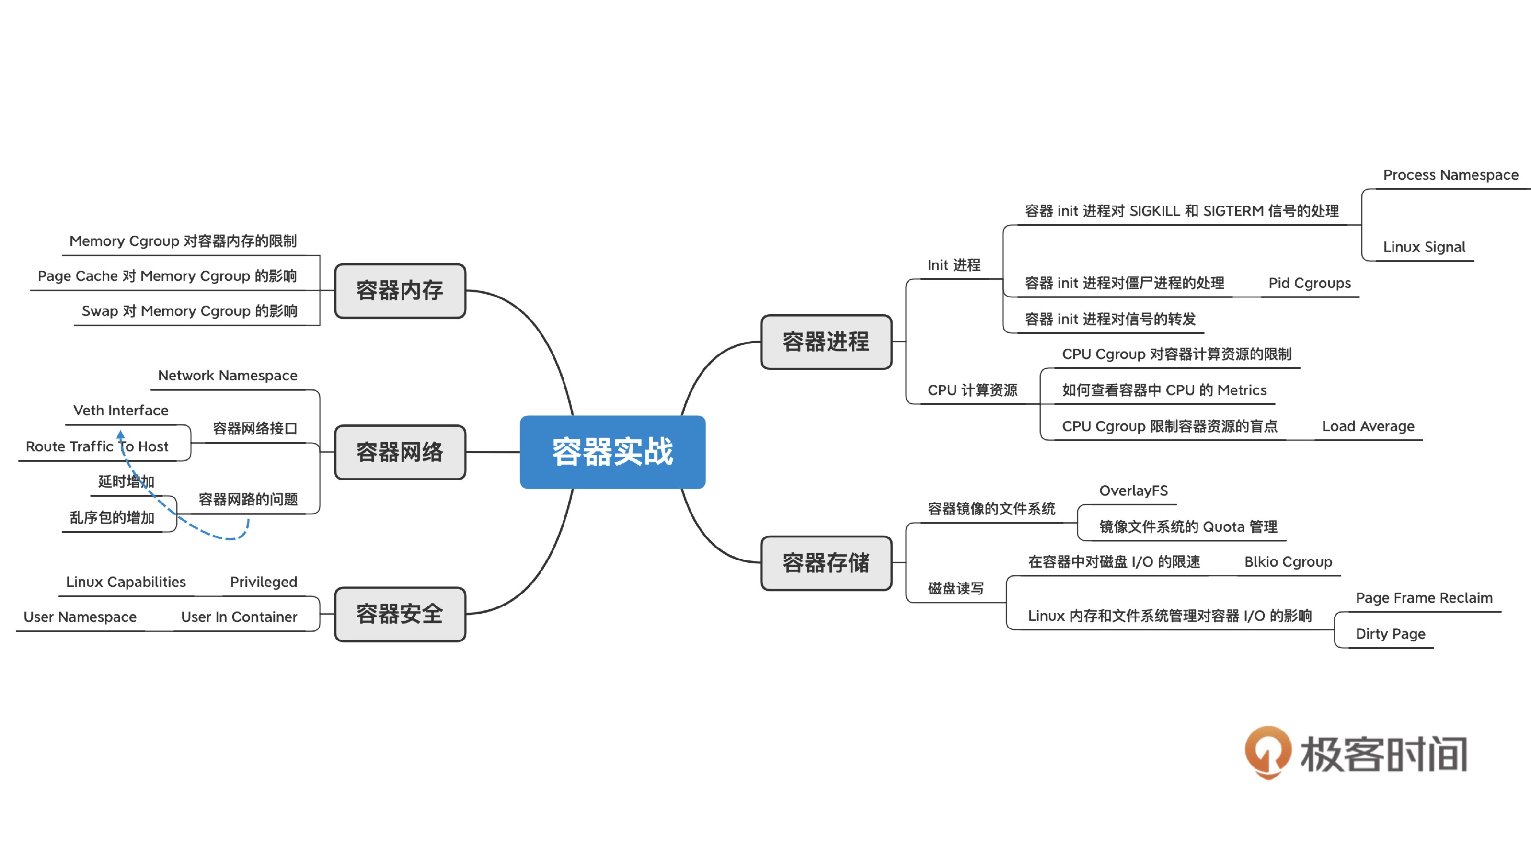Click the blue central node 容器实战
click(612, 452)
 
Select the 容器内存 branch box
click(400, 291)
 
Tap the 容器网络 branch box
click(400, 452)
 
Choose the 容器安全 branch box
click(400, 614)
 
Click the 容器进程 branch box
click(826, 342)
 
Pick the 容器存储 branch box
click(826, 563)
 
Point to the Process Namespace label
click(1450, 175)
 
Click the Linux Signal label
click(1424, 247)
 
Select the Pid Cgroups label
click(1309, 283)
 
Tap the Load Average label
click(1368, 426)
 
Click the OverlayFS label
click(1133, 491)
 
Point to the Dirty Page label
click(1390, 634)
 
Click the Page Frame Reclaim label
click(1424, 597)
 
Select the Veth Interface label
click(121, 410)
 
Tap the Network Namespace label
click(228, 375)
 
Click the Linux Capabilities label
click(126, 582)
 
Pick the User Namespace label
click(80, 617)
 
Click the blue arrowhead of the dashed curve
click(121, 434)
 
